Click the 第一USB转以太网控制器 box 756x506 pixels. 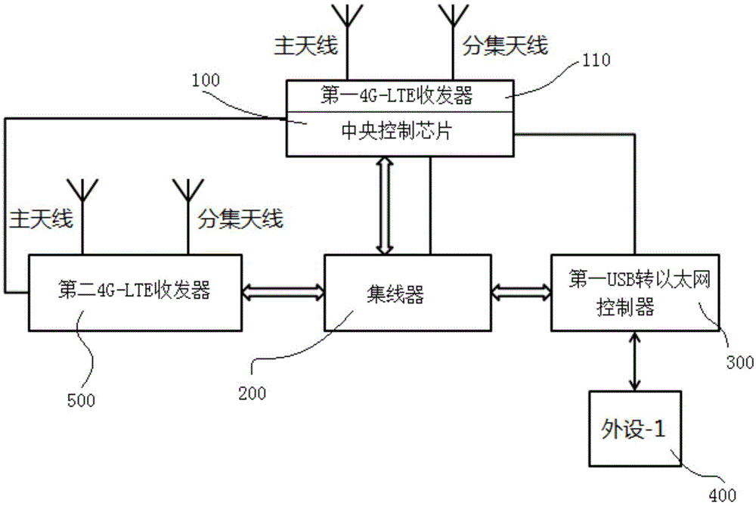633,293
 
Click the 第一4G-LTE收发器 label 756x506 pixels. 399,95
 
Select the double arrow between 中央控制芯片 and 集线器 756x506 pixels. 384,205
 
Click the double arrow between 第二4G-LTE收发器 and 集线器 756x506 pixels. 283,290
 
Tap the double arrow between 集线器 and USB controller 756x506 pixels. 521,290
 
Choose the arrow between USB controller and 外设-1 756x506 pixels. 631,361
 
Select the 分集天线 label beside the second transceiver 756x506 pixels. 240,219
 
